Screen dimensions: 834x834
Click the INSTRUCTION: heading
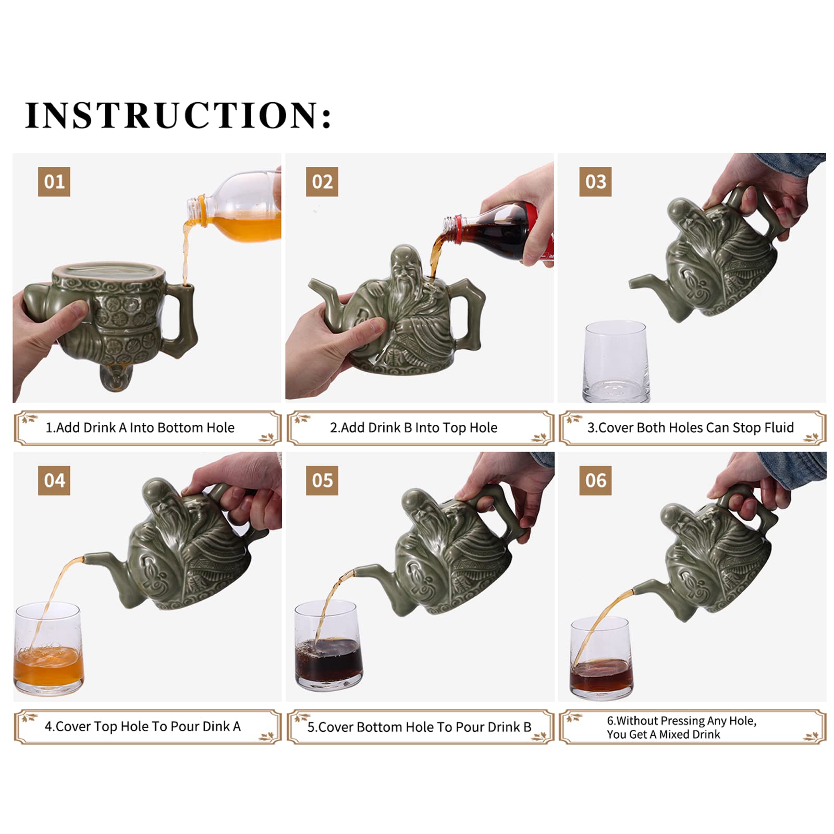click(178, 115)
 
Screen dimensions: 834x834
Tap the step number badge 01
click(54, 181)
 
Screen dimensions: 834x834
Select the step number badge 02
click(322, 181)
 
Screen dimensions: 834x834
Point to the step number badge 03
click(595, 181)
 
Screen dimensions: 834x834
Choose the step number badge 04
click(54, 480)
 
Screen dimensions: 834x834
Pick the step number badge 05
click(322, 480)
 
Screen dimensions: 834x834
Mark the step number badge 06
click(595, 480)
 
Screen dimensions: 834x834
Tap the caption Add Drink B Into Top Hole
click(414, 428)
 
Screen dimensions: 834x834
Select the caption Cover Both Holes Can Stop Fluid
click(691, 428)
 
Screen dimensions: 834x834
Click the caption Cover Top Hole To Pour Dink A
click(143, 727)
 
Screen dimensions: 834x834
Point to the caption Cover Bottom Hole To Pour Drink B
click(419, 727)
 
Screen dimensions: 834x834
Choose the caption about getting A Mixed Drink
click(682, 727)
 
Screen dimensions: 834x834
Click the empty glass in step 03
click(616, 361)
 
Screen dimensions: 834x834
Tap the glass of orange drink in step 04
click(48, 648)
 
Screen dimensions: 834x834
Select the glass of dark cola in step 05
click(328, 646)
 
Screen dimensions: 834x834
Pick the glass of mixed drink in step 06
click(602, 658)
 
